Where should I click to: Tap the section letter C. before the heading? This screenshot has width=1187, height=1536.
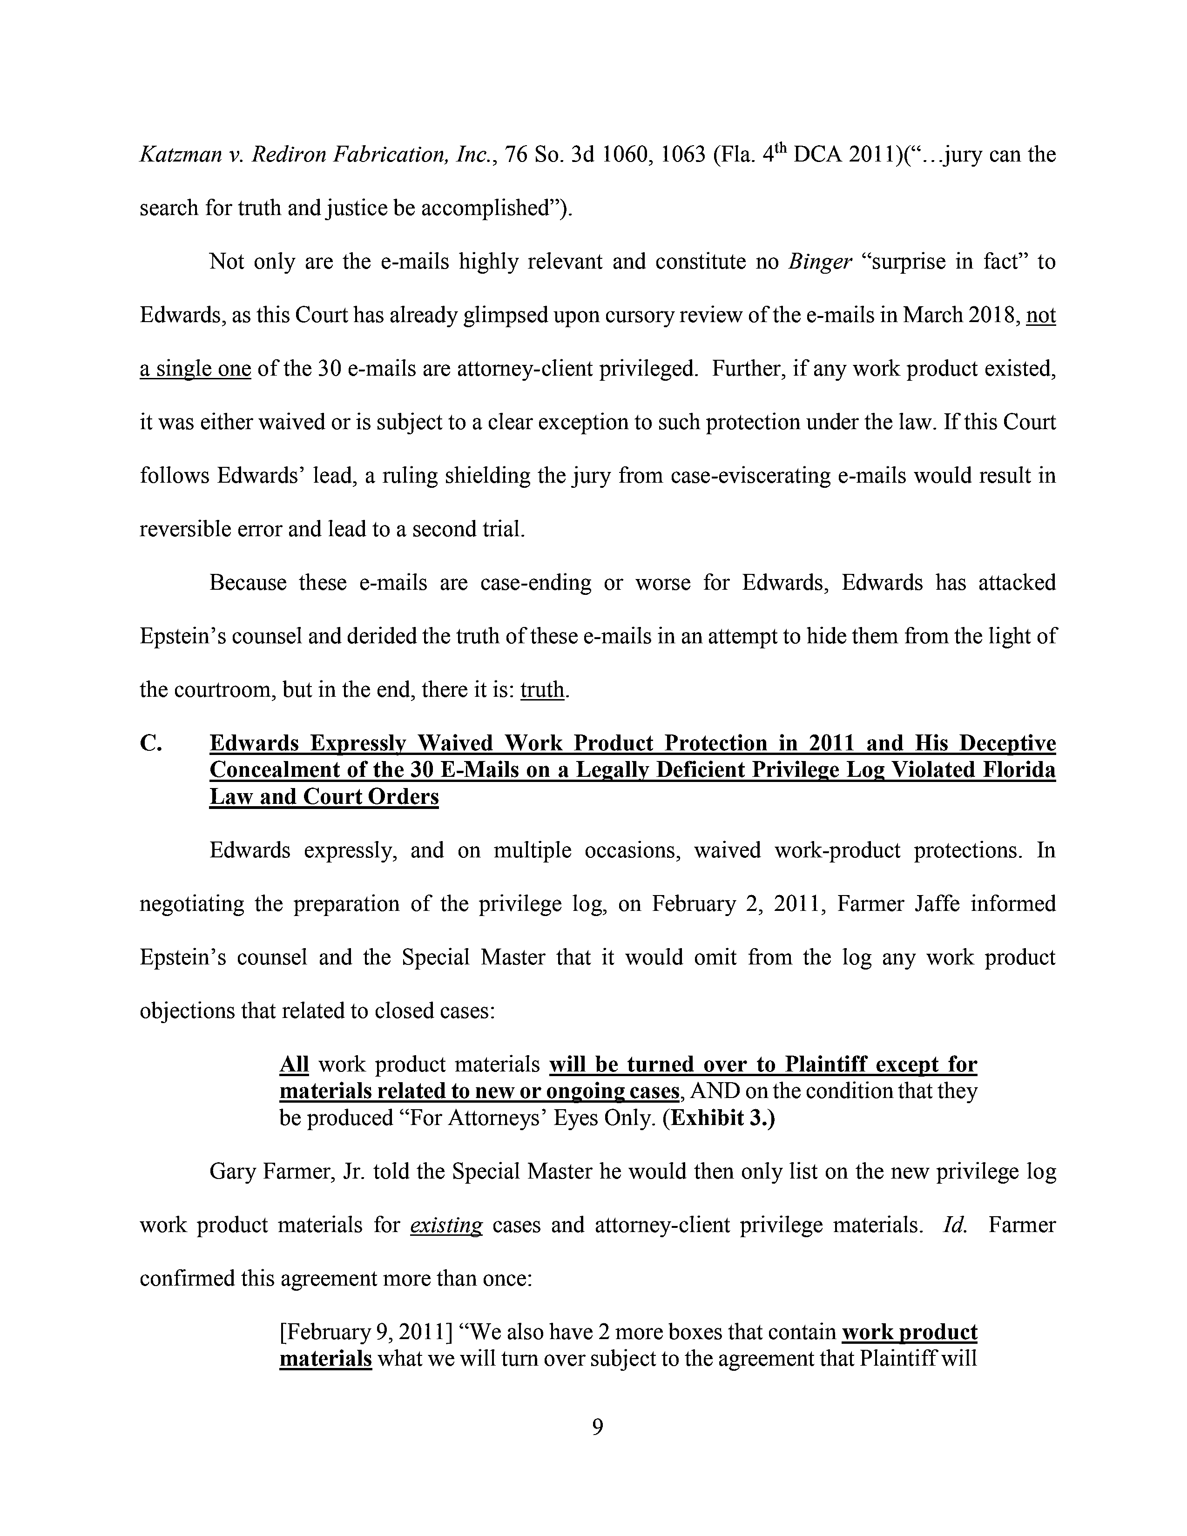coord(152,743)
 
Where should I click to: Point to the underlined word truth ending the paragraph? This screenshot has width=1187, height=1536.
coord(542,690)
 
